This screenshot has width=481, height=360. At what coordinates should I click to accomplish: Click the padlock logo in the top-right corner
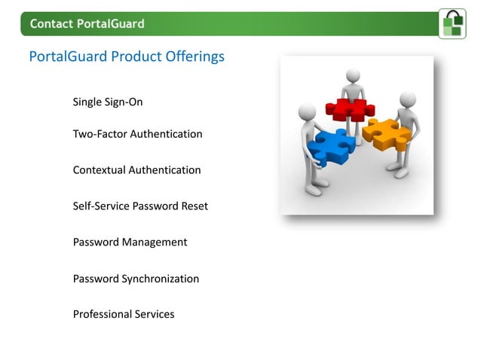tap(452, 23)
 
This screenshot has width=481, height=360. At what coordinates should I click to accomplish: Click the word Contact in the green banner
tap(51, 24)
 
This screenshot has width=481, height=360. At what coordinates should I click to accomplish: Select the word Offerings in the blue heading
tap(194, 57)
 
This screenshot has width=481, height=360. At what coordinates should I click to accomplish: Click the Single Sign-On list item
tap(107, 102)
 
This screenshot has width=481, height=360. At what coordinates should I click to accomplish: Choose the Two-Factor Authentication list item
tap(137, 134)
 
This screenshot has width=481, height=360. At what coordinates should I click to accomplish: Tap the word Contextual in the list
tap(99, 170)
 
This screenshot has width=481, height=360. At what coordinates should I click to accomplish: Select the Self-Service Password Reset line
tap(140, 206)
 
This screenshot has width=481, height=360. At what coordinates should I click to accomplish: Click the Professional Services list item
tap(123, 314)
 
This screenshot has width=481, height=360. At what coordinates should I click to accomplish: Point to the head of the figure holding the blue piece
tap(306, 112)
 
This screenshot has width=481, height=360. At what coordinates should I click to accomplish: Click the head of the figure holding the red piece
tap(354, 76)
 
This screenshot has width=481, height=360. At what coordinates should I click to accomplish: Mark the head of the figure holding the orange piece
tap(407, 99)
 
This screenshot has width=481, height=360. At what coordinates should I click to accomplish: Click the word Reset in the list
tap(193, 206)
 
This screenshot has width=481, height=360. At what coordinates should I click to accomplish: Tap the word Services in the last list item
tap(154, 314)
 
